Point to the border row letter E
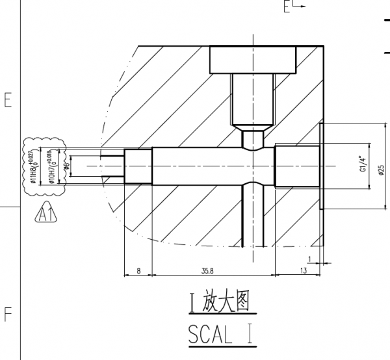[8, 101]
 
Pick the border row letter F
[8, 314]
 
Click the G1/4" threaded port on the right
[297, 166]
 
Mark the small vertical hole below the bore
[253, 214]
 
